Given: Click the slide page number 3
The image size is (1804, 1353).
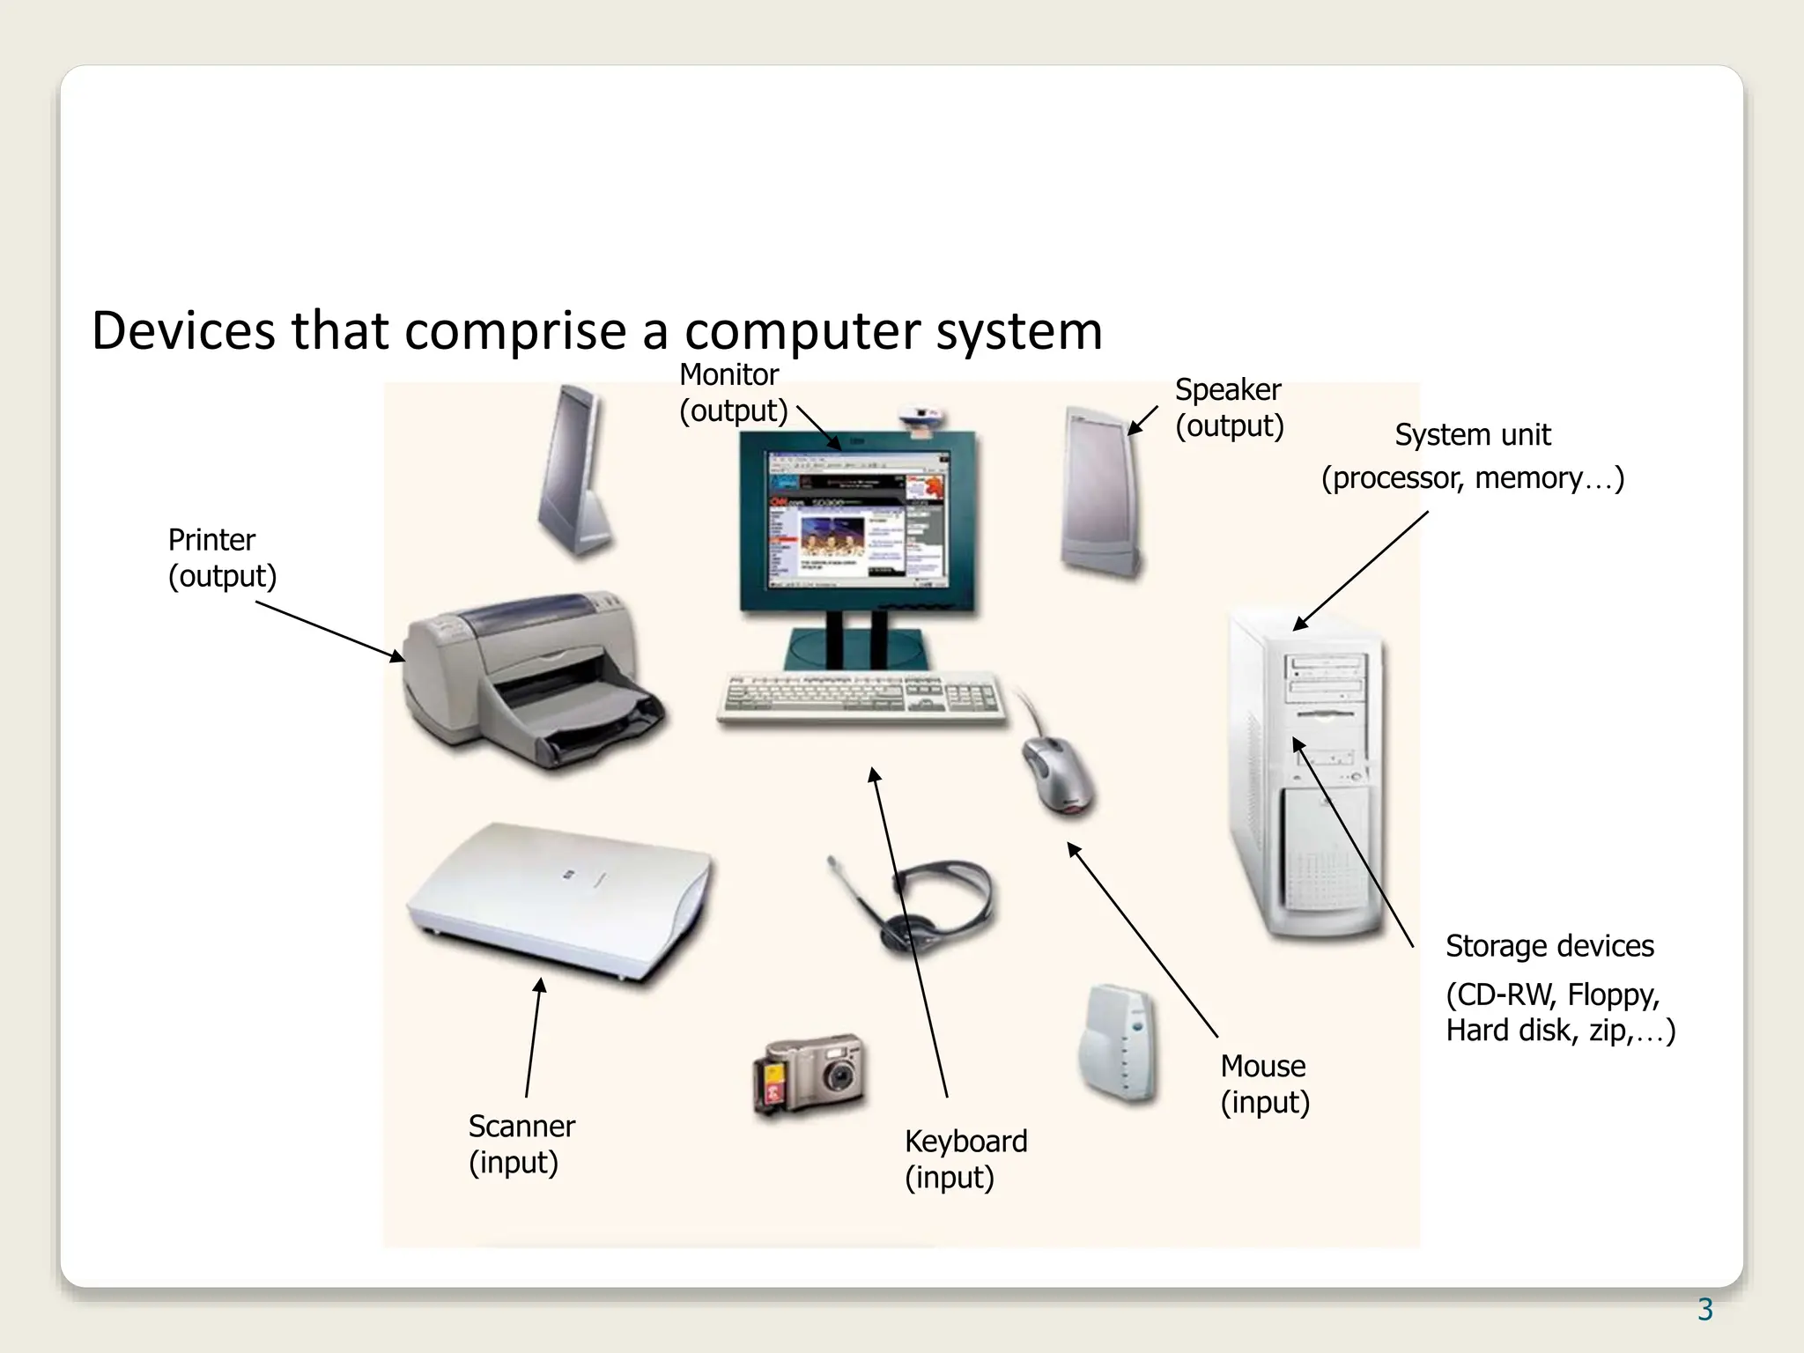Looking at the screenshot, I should (1704, 1310).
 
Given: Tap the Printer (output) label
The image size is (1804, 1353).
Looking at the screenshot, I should (222, 558).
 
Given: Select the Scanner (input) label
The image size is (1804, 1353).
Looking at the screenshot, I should (521, 1143).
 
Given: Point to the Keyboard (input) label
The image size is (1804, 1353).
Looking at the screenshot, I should (965, 1158).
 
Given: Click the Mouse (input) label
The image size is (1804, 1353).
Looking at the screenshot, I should (1264, 1083).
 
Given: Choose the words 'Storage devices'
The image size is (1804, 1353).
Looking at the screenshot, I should (1549, 946).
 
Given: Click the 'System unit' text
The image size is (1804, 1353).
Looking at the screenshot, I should (1472, 435).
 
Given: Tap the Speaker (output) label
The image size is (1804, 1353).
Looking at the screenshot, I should (1229, 408).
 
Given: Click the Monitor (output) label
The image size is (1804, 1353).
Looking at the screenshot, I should (732, 393).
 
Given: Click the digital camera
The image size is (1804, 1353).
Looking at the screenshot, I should (810, 1075).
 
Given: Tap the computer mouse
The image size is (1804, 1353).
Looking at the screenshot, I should (1057, 773).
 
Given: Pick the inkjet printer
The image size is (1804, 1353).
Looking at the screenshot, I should (529, 678).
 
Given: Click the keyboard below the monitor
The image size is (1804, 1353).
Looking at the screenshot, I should (861, 699).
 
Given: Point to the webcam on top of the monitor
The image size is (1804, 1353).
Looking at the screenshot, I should (921, 418).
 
